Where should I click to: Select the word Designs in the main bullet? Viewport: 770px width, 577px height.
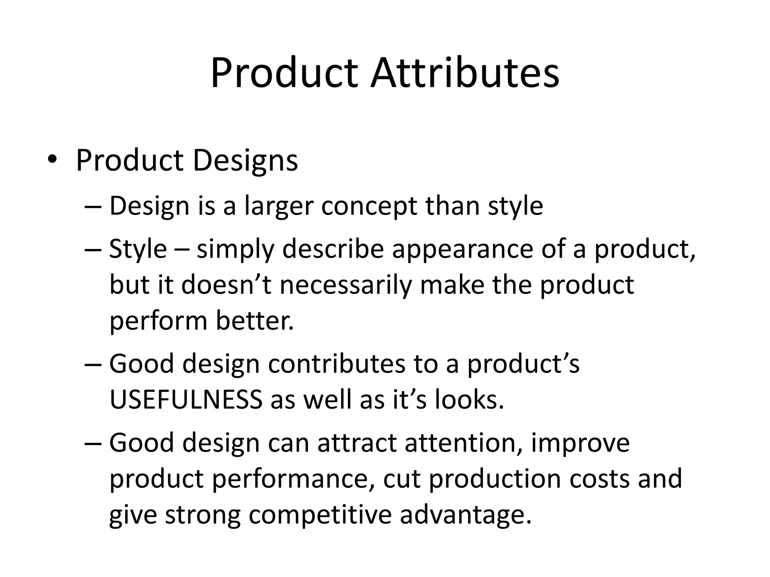245,161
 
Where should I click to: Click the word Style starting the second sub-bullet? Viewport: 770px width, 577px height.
138,249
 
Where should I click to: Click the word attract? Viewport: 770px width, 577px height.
357,443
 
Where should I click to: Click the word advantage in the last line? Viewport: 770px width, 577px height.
465,515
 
